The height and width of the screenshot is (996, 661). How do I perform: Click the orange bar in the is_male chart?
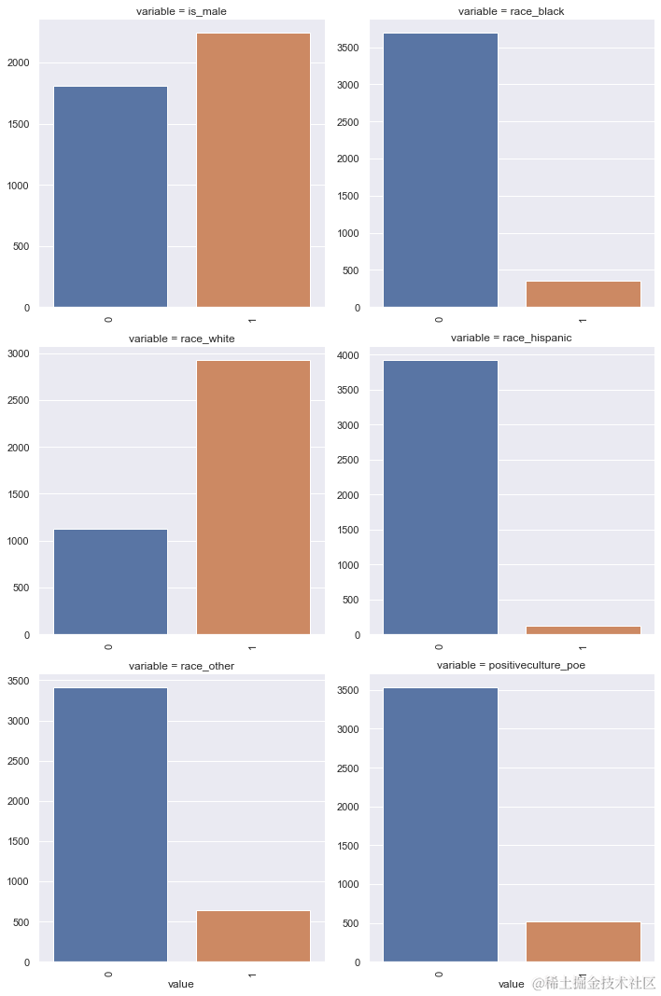(253, 170)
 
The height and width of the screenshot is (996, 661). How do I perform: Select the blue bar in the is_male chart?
(110, 197)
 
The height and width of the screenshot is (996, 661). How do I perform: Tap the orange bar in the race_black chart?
(583, 294)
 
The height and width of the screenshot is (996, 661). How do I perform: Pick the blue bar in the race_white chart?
(110, 582)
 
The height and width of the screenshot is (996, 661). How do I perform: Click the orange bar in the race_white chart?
(253, 497)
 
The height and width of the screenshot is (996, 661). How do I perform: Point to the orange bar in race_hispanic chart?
(583, 630)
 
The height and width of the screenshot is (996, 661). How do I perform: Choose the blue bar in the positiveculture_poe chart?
(440, 824)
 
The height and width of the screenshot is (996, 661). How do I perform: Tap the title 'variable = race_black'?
(511, 11)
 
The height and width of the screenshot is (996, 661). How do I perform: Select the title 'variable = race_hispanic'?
(511, 338)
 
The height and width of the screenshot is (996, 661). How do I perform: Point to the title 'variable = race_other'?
(181, 666)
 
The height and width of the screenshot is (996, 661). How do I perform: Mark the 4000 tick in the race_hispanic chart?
(350, 355)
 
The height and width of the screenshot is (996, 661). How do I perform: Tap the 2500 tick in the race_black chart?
(350, 122)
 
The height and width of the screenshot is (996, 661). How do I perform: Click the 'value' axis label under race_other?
(180, 984)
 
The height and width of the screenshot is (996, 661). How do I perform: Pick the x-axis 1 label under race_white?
(253, 646)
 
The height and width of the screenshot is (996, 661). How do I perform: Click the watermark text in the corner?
(594, 983)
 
